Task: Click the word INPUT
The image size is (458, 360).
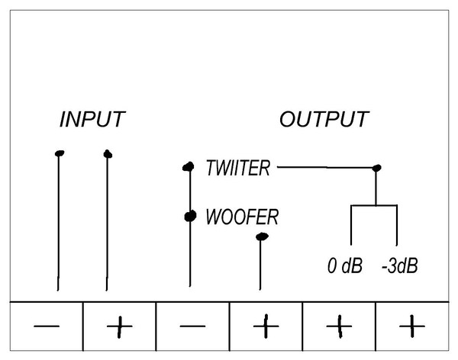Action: (92, 120)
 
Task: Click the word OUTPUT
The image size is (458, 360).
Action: (324, 119)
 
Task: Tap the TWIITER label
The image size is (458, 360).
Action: (237, 168)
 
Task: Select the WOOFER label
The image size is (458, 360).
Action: (242, 217)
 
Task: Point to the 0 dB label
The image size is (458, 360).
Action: (345, 265)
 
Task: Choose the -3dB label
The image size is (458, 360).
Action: (400, 265)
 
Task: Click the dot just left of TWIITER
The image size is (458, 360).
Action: (189, 167)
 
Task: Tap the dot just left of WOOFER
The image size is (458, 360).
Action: (190, 217)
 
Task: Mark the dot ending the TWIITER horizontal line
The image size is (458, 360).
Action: (377, 168)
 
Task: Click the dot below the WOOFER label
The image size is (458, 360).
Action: (262, 236)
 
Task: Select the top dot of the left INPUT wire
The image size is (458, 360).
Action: (60, 153)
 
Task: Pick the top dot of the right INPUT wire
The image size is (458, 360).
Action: (108, 154)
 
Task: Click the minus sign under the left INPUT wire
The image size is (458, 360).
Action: (47, 326)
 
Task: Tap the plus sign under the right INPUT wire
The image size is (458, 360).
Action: (120, 326)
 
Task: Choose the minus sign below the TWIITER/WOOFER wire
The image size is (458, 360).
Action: (192, 326)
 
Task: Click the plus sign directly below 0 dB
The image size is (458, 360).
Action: (339, 326)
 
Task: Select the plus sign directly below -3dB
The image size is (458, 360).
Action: (412, 326)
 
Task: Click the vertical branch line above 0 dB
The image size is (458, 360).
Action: (351, 225)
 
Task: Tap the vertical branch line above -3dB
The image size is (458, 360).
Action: (397, 225)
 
